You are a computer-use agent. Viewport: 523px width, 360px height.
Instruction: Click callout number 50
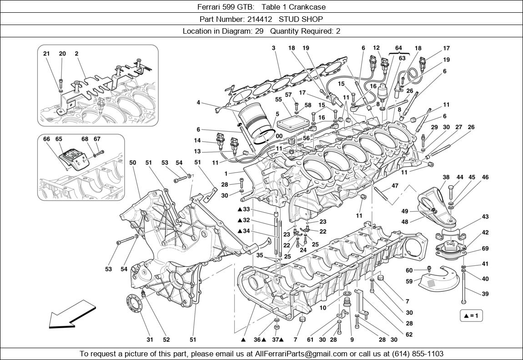132,163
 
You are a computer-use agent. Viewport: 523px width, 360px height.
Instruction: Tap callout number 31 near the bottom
150,339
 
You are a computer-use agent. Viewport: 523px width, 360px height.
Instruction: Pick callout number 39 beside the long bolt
485,294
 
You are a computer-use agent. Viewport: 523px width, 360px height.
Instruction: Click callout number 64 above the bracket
398,48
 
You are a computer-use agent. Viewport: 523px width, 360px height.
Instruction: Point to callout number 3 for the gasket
274,48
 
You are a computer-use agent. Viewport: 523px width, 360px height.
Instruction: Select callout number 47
395,186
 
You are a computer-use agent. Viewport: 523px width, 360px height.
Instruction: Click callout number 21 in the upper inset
46,54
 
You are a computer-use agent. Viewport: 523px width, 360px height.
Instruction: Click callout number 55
278,99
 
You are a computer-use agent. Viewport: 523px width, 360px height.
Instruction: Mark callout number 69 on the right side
485,248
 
